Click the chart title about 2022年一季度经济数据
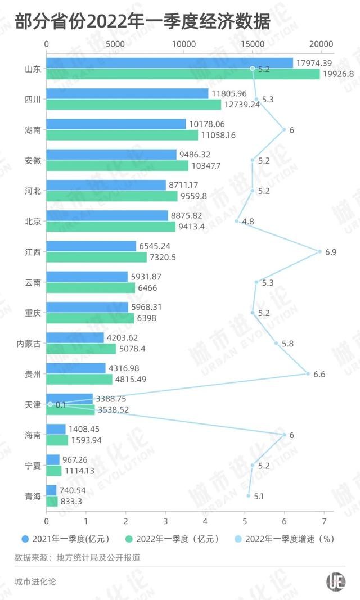[143, 22]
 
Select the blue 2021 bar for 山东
[169, 63]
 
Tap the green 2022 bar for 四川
[133, 104]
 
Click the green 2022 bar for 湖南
[121, 135]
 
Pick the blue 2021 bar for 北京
[107, 215]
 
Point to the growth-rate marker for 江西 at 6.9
[320, 251]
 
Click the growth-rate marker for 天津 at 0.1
[50, 404]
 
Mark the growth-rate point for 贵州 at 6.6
[308, 373]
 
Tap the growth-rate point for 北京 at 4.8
[237, 221]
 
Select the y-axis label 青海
[32, 496]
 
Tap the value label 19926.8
[338, 74]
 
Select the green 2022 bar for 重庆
[90, 318]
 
